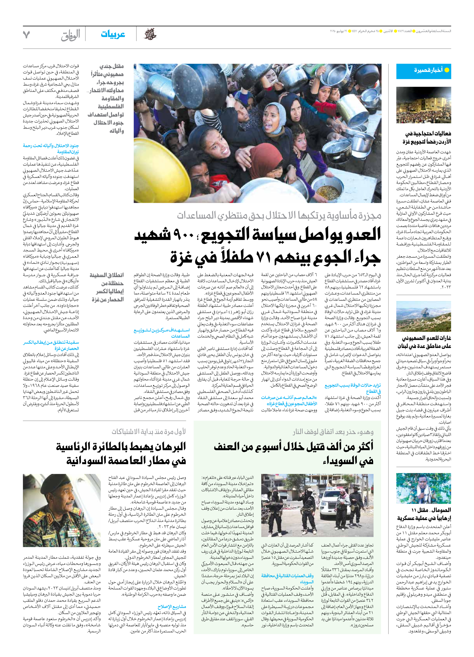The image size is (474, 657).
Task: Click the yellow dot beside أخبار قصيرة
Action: [x=447, y=70]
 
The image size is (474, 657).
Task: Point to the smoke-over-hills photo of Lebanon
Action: [x=424, y=316]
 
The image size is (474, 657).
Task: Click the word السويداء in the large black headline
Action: [x=348, y=461]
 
